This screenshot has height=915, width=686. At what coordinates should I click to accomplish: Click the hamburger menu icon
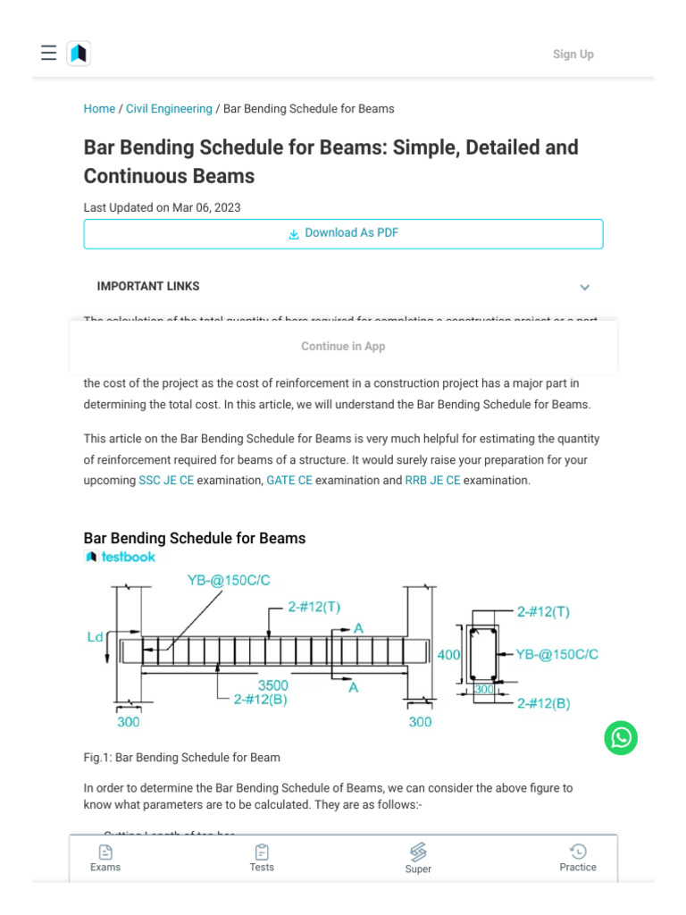48,54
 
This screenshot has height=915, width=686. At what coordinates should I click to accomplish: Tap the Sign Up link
573,55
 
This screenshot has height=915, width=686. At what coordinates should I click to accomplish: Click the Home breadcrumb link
99,109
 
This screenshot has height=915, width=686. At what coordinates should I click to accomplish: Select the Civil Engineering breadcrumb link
169,109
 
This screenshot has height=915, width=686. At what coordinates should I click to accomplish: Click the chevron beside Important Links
584,287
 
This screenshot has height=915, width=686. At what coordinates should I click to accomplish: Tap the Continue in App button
343,347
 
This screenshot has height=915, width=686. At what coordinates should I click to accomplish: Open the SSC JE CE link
166,481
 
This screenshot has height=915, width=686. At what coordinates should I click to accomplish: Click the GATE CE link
289,481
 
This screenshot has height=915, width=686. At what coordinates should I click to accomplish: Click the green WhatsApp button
621,738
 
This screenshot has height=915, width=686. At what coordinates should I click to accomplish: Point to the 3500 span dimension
273,686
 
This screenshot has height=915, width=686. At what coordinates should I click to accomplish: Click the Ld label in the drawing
95,637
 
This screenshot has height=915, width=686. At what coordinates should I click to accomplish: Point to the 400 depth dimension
448,655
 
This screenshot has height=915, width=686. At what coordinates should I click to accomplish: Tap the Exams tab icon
105,852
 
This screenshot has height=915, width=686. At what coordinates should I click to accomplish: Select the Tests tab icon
262,852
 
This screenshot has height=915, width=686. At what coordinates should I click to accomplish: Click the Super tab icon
418,852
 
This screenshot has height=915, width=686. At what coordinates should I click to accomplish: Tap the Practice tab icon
578,852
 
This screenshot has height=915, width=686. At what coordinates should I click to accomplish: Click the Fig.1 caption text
182,758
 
